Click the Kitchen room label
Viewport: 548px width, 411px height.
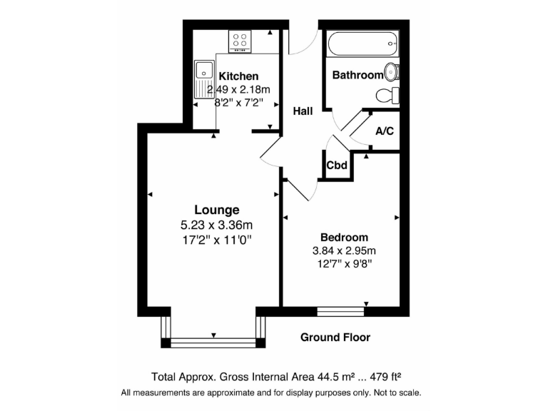point(238,76)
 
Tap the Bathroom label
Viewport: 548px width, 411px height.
point(357,74)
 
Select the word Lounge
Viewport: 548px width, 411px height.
point(217,210)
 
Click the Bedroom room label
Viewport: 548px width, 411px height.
point(344,237)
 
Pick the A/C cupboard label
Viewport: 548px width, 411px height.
point(385,131)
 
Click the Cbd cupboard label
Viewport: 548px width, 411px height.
point(336,166)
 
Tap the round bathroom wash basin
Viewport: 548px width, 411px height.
point(391,72)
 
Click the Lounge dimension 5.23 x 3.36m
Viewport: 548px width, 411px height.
point(217,225)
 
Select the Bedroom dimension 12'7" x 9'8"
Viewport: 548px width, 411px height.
point(344,264)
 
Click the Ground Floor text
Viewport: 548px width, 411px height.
point(335,338)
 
